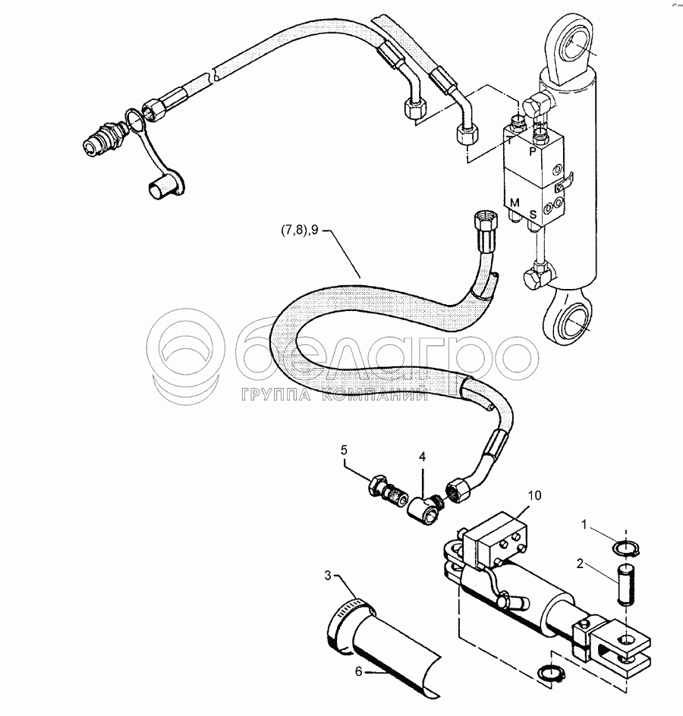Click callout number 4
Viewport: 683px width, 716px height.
point(423,457)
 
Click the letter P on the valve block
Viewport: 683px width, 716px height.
point(533,151)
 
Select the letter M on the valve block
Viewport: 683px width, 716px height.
point(515,202)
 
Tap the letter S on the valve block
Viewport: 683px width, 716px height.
point(533,215)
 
